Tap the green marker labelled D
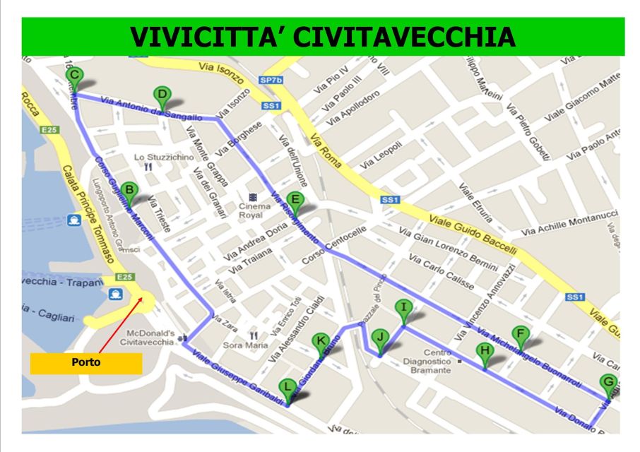click(161, 95)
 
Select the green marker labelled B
click(129, 190)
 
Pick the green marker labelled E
click(296, 200)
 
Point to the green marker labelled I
click(403, 307)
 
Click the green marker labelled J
click(380, 338)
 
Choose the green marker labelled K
click(321, 342)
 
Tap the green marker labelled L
click(287, 387)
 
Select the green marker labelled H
click(485, 350)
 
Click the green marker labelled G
click(608, 383)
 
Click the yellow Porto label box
click(85, 363)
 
